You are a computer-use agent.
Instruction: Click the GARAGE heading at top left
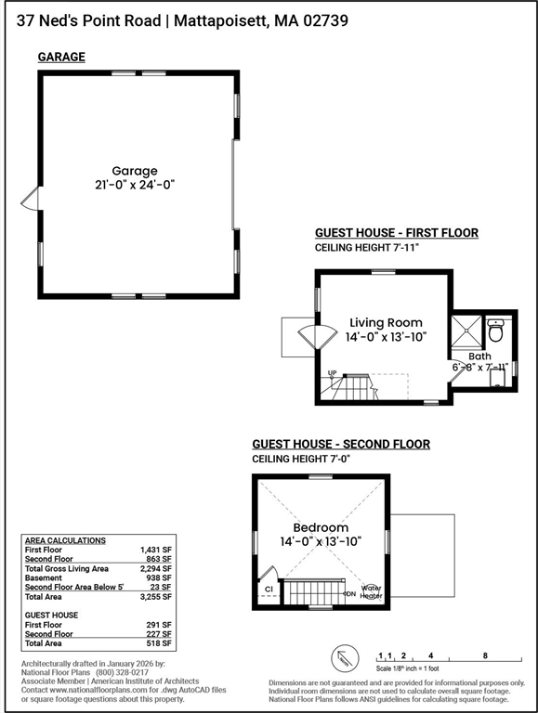pyautogui.click(x=61, y=58)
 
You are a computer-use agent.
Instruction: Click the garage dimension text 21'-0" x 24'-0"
pyautogui.click(x=135, y=185)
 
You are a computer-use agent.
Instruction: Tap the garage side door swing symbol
pyautogui.click(x=29, y=200)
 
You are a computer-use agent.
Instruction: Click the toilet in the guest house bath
pyautogui.click(x=496, y=330)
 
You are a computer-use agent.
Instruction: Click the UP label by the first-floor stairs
pyautogui.click(x=331, y=373)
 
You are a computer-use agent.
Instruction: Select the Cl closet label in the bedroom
pyautogui.click(x=268, y=588)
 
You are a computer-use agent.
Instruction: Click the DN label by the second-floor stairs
pyautogui.click(x=350, y=593)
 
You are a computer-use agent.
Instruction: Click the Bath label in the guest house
pyautogui.click(x=479, y=356)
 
